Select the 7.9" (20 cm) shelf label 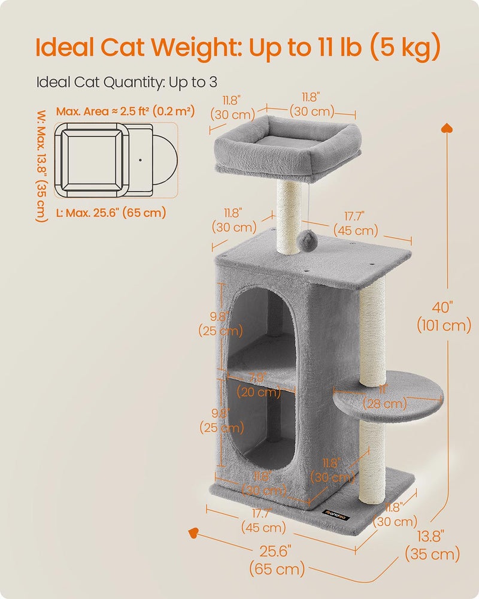259,386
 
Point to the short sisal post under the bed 288,216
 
